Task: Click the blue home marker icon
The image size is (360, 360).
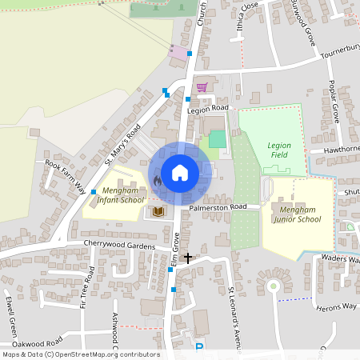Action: (x=180, y=172)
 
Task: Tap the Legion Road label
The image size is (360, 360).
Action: (x=208, y=108)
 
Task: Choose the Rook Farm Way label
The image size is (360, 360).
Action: (x=66, y=176)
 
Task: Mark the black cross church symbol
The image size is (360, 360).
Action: (x=188, y=258)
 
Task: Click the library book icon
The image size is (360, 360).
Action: (x=158, y=211)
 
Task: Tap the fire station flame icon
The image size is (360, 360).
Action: (x=157, y=182)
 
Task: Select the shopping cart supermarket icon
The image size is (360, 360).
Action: (x=202, y=86)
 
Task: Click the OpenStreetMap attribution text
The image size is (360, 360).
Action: (x=80, y=354)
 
